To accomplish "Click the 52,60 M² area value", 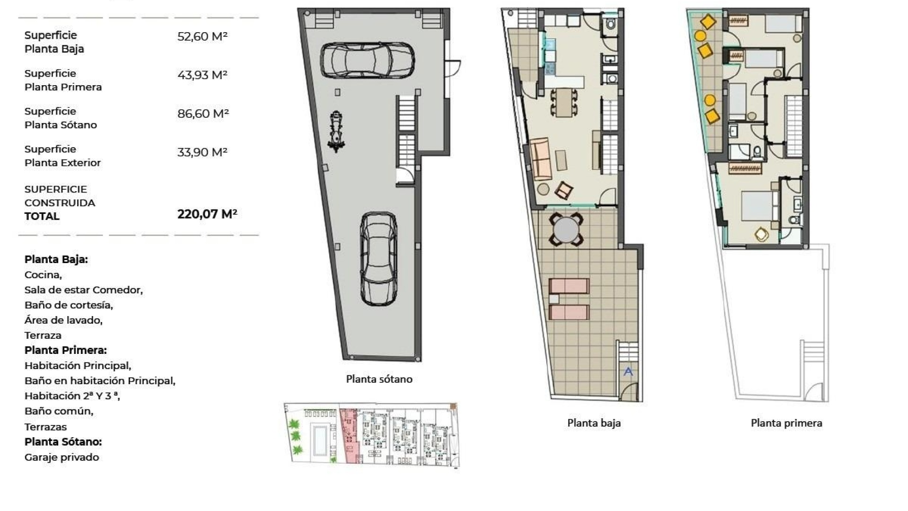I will tap(202, 36).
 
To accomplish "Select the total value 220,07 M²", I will tap(207, 214).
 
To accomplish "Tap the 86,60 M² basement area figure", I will tap(203, 114).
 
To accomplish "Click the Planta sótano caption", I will tap(379, 379).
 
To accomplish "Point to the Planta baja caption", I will tap(594, 423).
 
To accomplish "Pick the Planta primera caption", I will tap(786, 423).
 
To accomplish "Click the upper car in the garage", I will tap(367, 60).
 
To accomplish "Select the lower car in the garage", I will tap(378, 258).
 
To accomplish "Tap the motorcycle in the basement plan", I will tap(336, 132).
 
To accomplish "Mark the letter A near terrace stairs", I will tap(628, 371).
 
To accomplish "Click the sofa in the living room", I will tap(540, 159).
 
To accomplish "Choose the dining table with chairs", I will tap(563, 102).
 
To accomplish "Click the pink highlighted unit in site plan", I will tap(349, 435).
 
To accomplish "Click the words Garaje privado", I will tap(61, 458).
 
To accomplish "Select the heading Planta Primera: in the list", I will tap(65, 350).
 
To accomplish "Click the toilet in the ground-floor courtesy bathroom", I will tap(611, 24).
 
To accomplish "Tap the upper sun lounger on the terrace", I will tap(568, 286).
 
